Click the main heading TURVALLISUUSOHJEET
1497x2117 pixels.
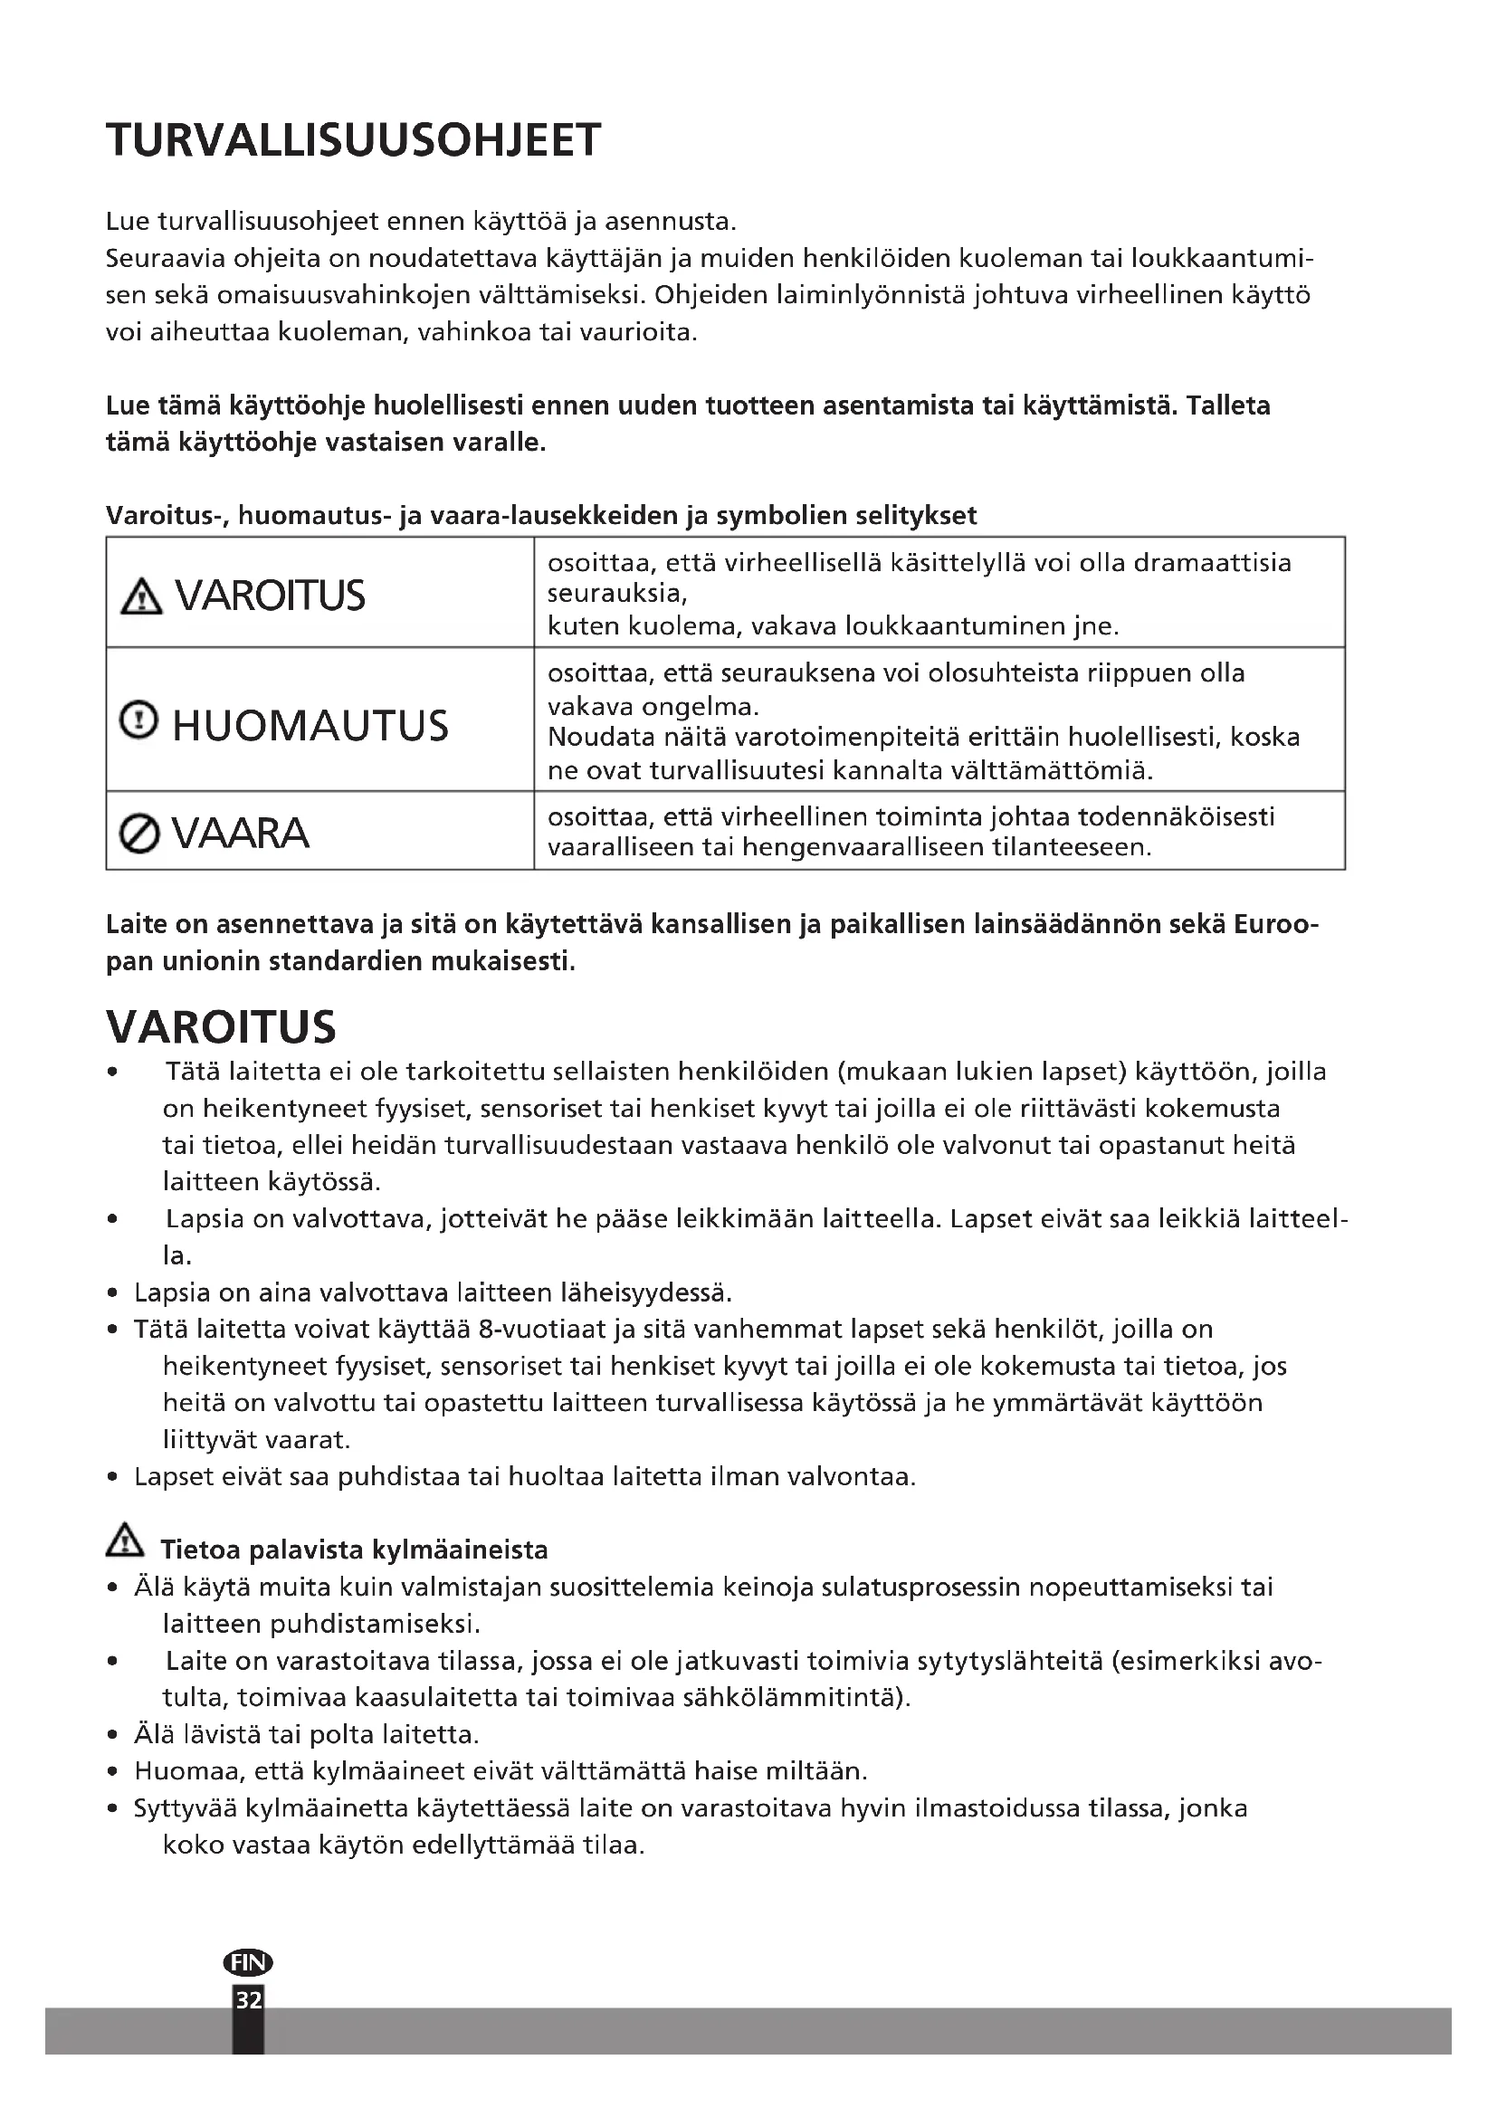pos(353,141)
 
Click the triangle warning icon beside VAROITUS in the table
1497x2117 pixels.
pos(141,597)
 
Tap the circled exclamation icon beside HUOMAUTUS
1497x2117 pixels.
pos(139,720)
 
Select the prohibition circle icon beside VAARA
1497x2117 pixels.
pos(139,834)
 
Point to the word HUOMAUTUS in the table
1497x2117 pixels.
pos(310,726)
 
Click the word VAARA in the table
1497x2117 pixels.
pos(241,834)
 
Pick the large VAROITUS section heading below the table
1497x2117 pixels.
pos(221,1027)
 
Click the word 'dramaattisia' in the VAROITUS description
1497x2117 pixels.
pos(1212,562)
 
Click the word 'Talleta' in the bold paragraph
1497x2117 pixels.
pos(1229,405)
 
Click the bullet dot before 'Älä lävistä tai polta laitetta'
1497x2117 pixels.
pos(111,1735)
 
